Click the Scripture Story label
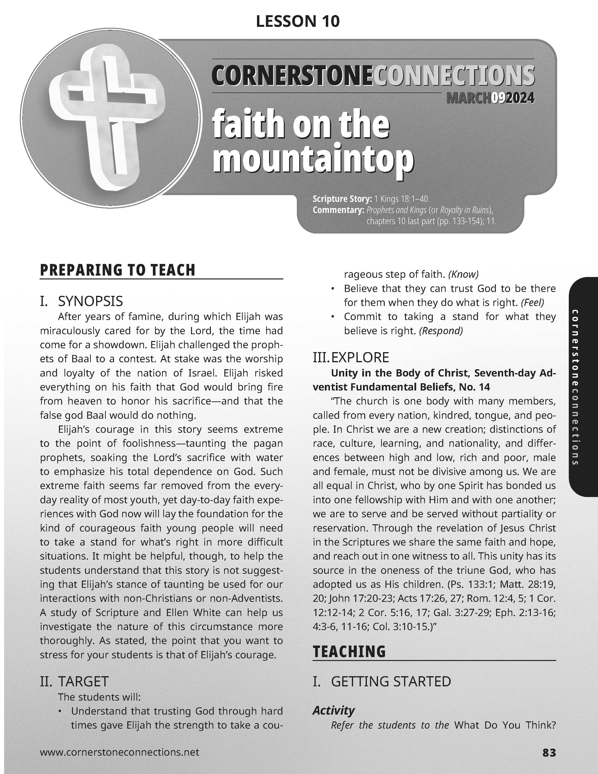coord(342,199)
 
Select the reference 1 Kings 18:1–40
coord(402,199)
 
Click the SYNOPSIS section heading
coord(90,301)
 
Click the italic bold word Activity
coord(334,710)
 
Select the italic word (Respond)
coord(441,331)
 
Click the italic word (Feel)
coord(532,302)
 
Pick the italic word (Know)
coord(463,274)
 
